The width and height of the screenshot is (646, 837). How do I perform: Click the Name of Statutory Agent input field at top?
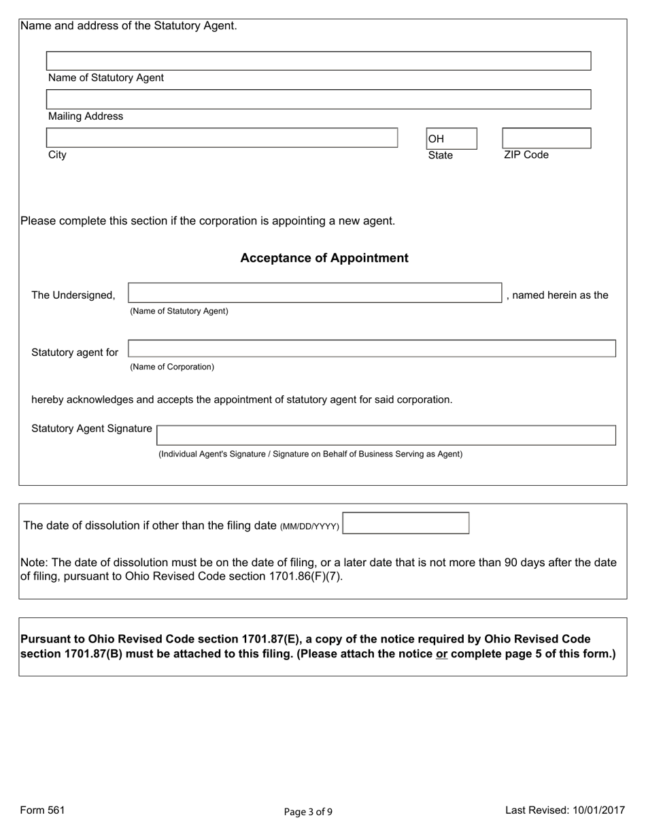point(318,61)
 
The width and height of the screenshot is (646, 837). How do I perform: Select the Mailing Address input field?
point(318,99)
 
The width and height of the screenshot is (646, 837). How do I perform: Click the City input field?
point(222,137)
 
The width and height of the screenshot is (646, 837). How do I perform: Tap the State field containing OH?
point(452,139)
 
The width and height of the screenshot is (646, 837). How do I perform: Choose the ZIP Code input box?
point(546,138)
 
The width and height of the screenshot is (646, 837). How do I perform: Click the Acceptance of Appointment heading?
point(324,258)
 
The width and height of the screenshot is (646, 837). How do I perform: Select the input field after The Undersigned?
point(315,293)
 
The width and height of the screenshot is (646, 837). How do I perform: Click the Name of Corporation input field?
point(372,349)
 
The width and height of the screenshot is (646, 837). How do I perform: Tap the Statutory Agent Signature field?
point(386,436)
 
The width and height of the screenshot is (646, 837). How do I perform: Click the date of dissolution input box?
point(406,523)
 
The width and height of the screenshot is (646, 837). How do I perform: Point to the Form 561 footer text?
point(42,810)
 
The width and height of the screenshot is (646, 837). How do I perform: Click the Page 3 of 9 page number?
point(308,811)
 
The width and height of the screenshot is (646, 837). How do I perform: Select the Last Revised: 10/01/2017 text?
point(564,810)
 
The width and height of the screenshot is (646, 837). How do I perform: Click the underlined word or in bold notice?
point(441,655)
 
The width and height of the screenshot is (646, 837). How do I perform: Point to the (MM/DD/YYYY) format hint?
point(309,527)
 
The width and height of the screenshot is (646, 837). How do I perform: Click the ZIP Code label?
point(526,154)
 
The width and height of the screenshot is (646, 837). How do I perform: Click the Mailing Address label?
point(86,116)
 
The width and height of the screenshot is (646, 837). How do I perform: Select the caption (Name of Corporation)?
point(172,367)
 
